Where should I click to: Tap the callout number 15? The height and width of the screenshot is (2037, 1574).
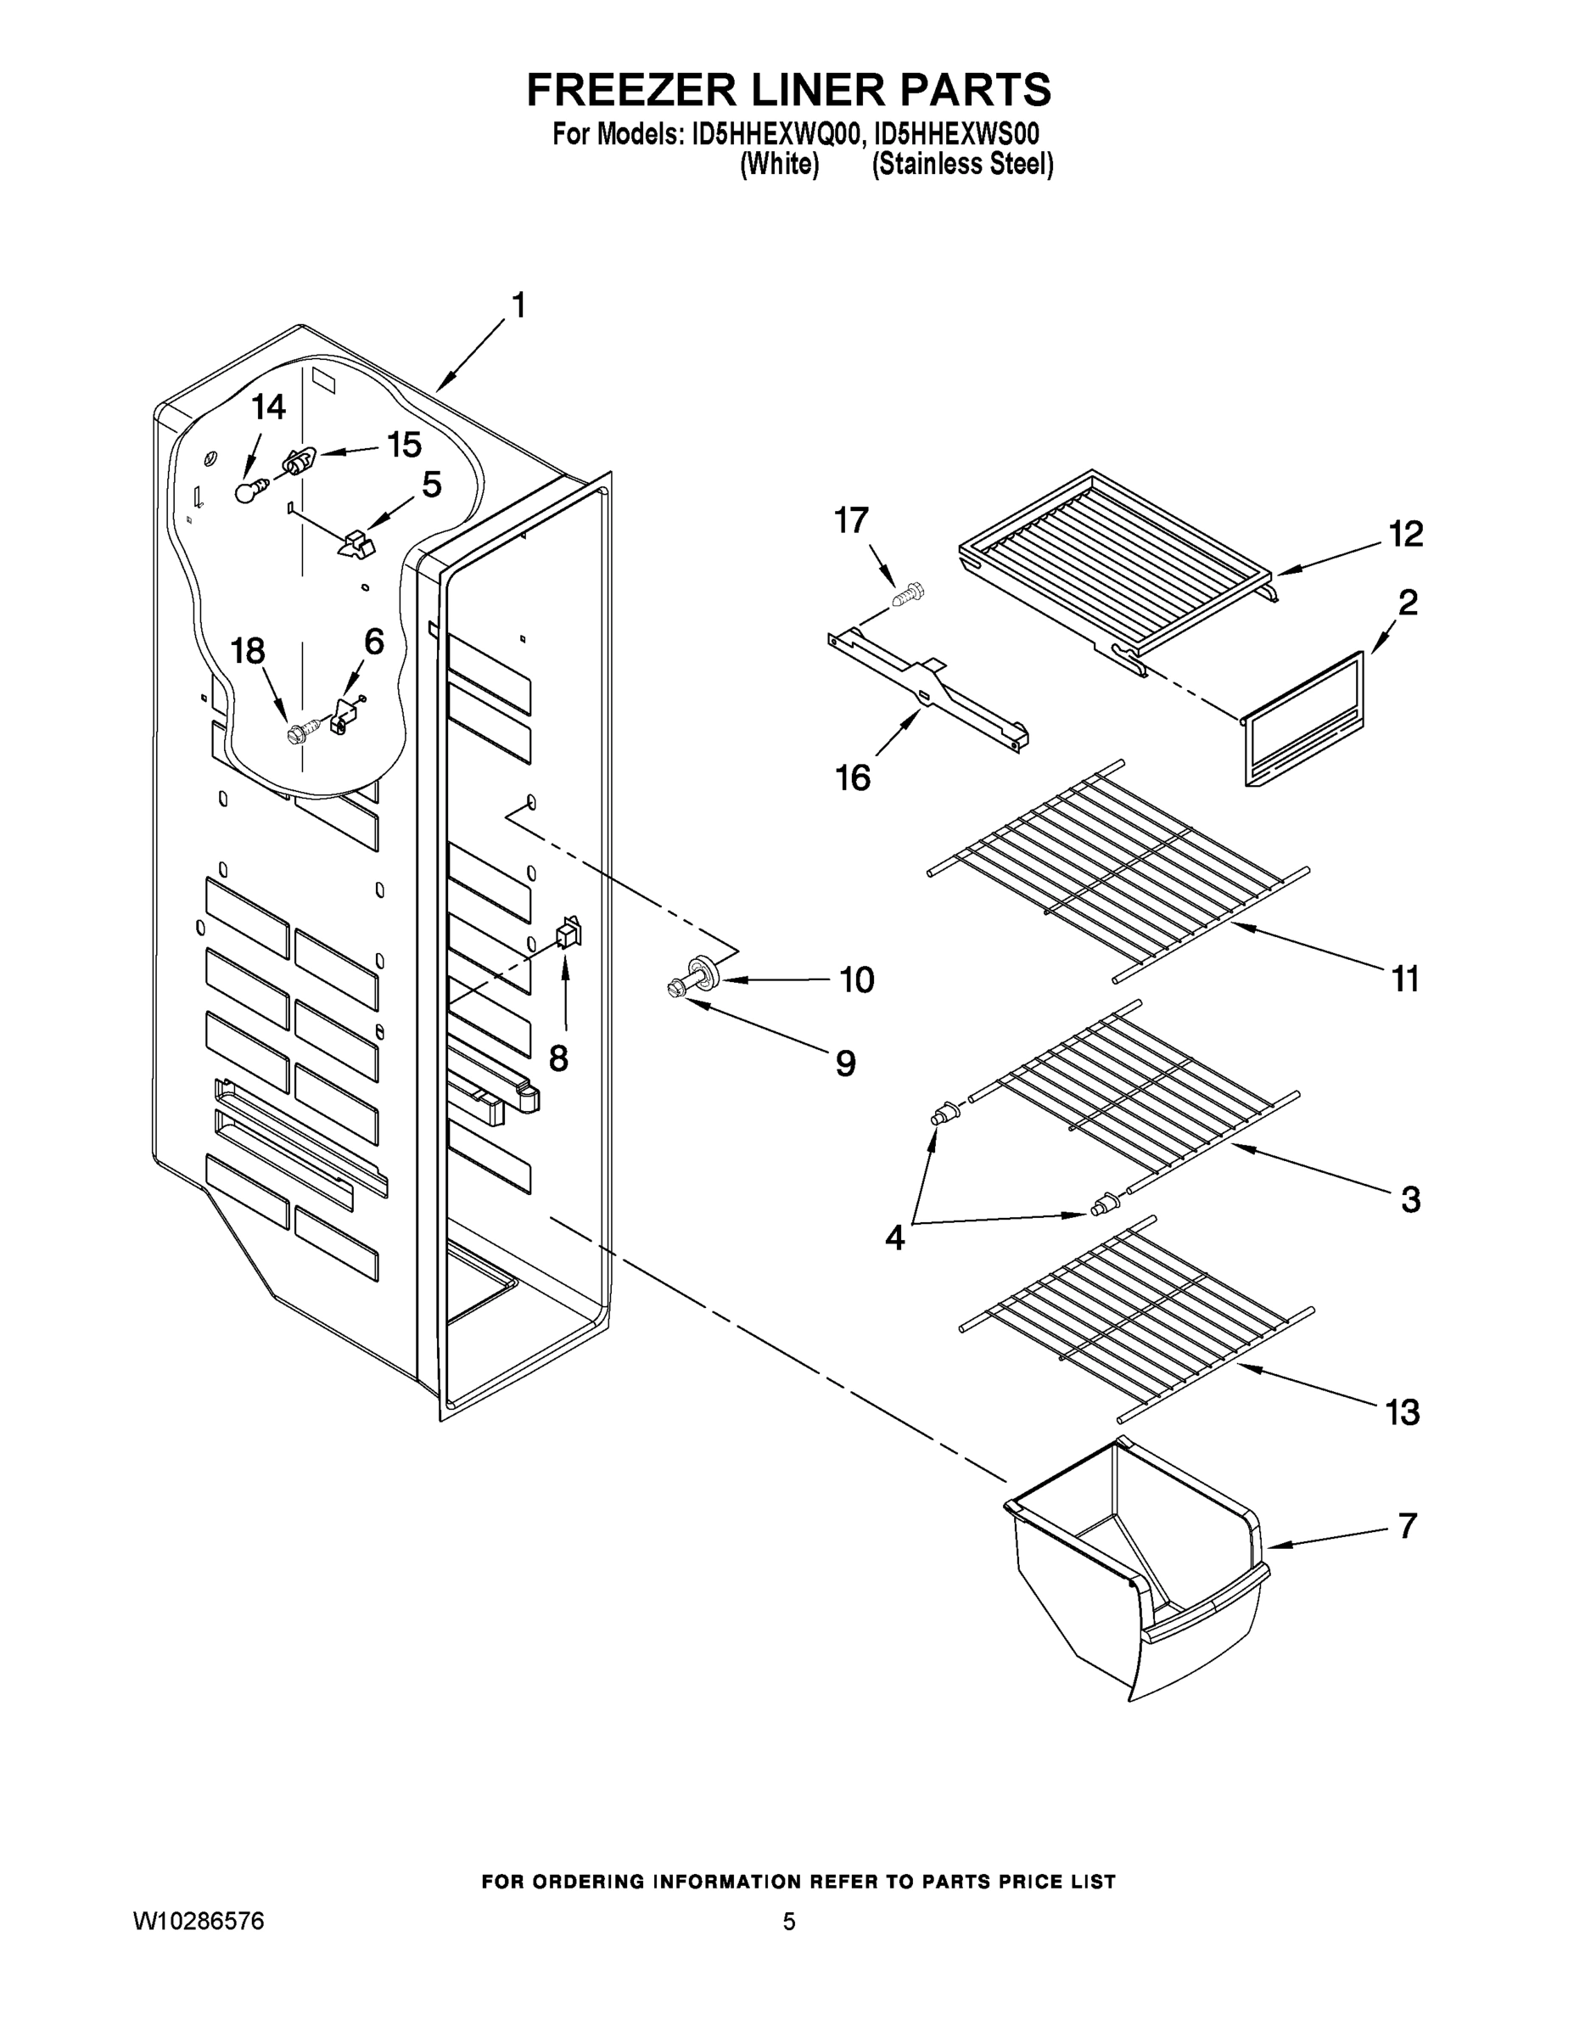pos(404,445)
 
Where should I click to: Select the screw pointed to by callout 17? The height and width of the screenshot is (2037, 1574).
pos(908,593)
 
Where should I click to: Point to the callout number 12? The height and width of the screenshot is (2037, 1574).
pos(1405,534)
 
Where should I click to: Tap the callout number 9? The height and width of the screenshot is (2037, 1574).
pos(845,1063)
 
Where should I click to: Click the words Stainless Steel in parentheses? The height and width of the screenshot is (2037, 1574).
pos(962,166)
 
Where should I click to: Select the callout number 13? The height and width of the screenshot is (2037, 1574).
pos(1403,1412)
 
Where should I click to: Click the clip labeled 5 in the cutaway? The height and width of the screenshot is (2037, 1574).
pos(356,545)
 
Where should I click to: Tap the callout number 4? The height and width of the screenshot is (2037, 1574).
pos(893,1237)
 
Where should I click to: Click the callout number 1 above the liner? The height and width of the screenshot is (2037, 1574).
pos(518,305)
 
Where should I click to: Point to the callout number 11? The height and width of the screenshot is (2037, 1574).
pos(1404,979)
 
